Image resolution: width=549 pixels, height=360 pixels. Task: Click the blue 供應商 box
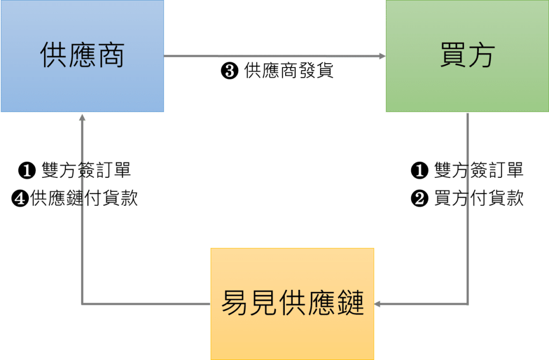[81, 56]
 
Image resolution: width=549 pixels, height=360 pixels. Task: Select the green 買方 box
[467, 56]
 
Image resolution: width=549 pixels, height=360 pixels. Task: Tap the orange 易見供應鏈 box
[292, 303]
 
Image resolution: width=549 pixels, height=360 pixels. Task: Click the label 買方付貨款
[479, 199]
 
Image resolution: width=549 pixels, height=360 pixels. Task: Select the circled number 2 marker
[419, 199]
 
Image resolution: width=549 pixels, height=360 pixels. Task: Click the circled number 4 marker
[20, 199]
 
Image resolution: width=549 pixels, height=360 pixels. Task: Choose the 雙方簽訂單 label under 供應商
[86, 171]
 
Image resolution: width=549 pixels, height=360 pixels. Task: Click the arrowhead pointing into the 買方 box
[382, 56]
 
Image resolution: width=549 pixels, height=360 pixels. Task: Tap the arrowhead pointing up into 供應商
[81, 117]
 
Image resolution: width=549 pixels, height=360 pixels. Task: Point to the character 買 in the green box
[453, 56]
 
